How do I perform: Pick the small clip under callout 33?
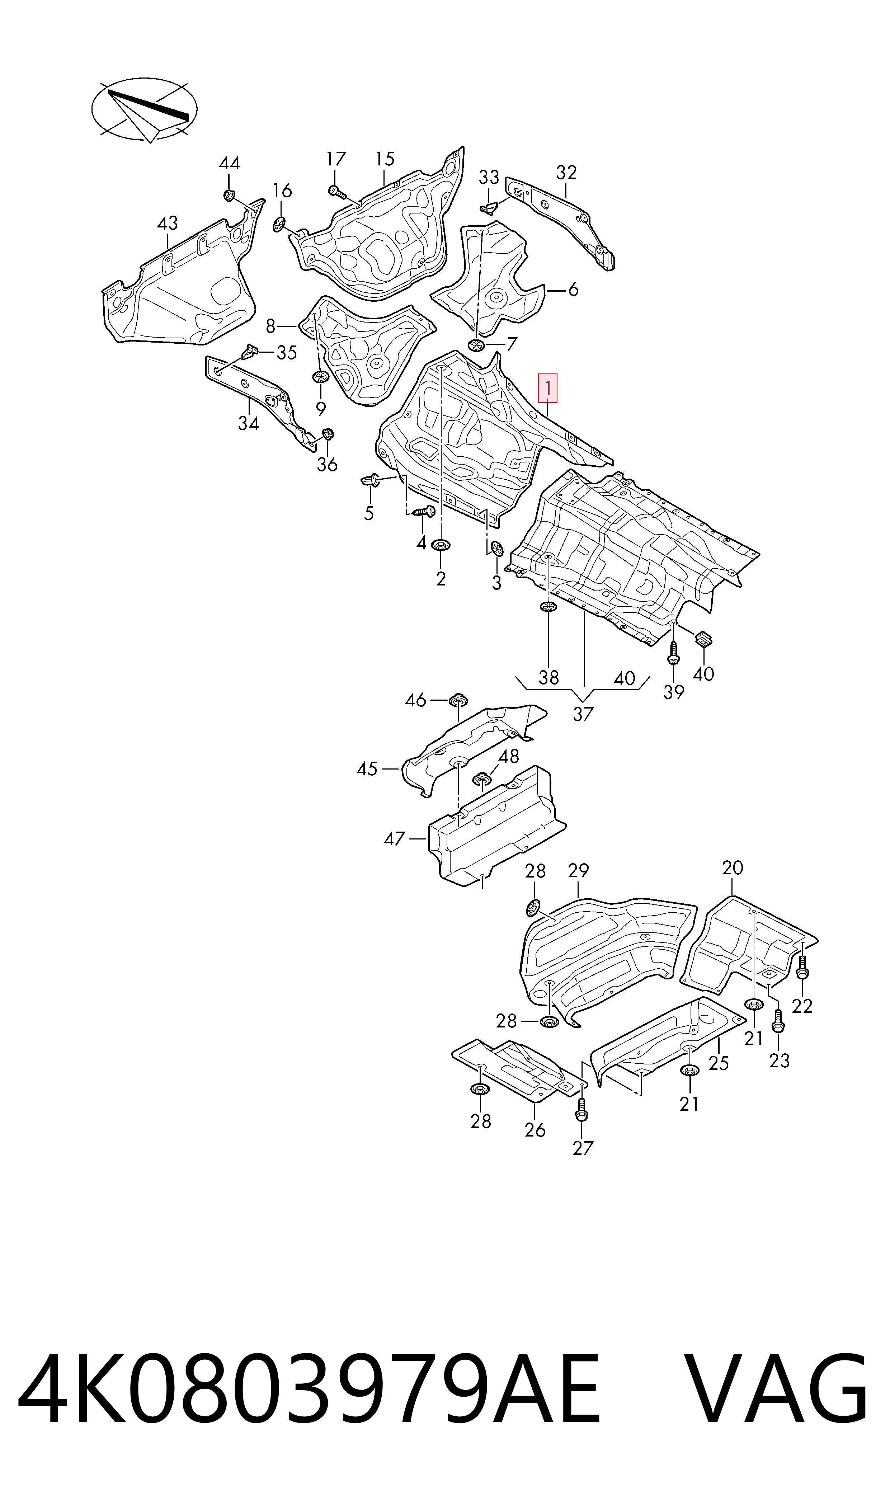coord(489,207)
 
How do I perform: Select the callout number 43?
coord(167,224)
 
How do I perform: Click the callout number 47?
coord(395,838)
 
